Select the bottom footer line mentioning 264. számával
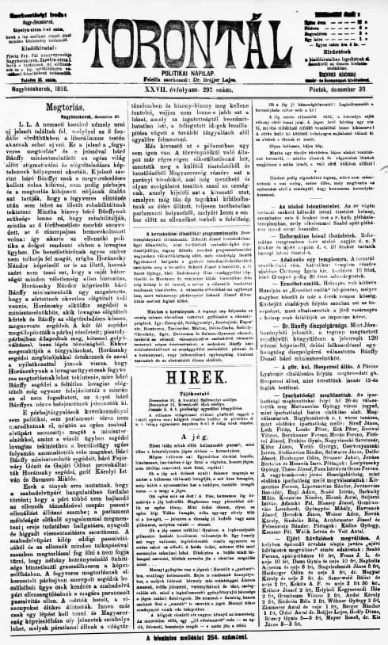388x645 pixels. point(195,636)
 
